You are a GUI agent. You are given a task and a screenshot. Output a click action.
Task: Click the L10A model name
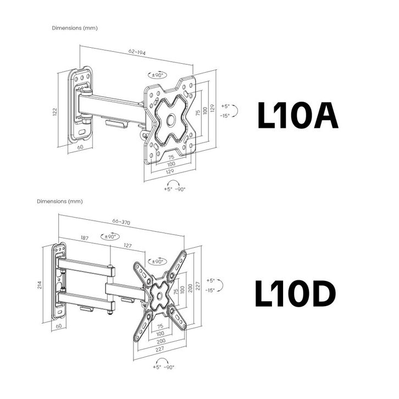point(297,115)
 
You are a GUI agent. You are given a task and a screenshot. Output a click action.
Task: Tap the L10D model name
point(295,293)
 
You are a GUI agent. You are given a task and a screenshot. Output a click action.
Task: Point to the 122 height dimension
point(54,112)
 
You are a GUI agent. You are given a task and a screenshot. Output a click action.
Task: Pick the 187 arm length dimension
point(85,238)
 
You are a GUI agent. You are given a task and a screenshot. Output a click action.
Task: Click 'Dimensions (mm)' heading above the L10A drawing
point(74,28)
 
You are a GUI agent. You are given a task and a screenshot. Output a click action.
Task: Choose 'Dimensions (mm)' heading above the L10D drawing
point(59,202)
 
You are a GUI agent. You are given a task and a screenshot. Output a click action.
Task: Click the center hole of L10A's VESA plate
point(170,118)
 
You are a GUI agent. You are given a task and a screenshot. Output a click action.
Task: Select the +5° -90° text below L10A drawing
point(174,189)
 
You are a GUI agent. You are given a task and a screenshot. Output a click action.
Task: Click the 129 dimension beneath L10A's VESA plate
point(171,171)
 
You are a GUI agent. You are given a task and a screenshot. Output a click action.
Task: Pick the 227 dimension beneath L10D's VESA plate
point(160,348)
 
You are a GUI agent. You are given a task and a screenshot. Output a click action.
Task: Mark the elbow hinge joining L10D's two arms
point(111,288)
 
